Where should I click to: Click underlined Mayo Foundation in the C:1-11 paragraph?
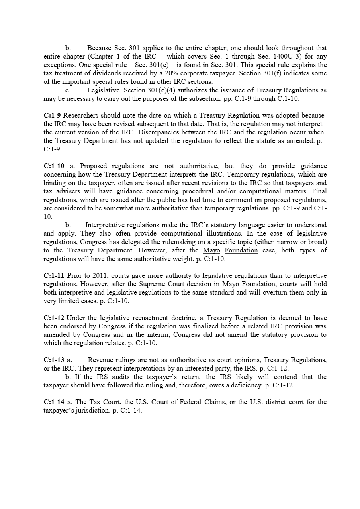tap(249, 284)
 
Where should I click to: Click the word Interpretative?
tap(106, 225)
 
